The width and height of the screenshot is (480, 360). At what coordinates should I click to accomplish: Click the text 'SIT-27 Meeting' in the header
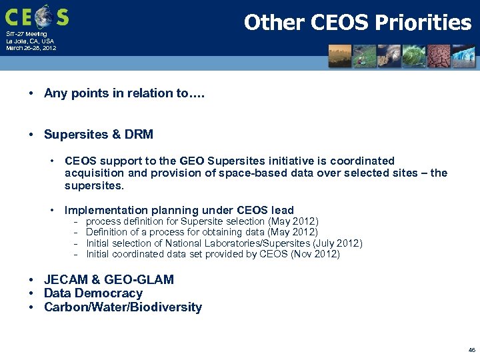tap(27, 34)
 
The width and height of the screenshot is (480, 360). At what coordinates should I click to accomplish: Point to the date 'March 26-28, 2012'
tap(31, 48)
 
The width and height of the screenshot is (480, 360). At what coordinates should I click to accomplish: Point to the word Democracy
tap(109, 293)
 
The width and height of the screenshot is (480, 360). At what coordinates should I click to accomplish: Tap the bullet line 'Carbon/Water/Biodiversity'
tap(123, 307)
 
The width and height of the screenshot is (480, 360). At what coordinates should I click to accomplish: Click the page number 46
tap(471, 349)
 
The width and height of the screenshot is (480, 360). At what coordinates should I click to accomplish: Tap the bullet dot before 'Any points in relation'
tap(32, 93)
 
